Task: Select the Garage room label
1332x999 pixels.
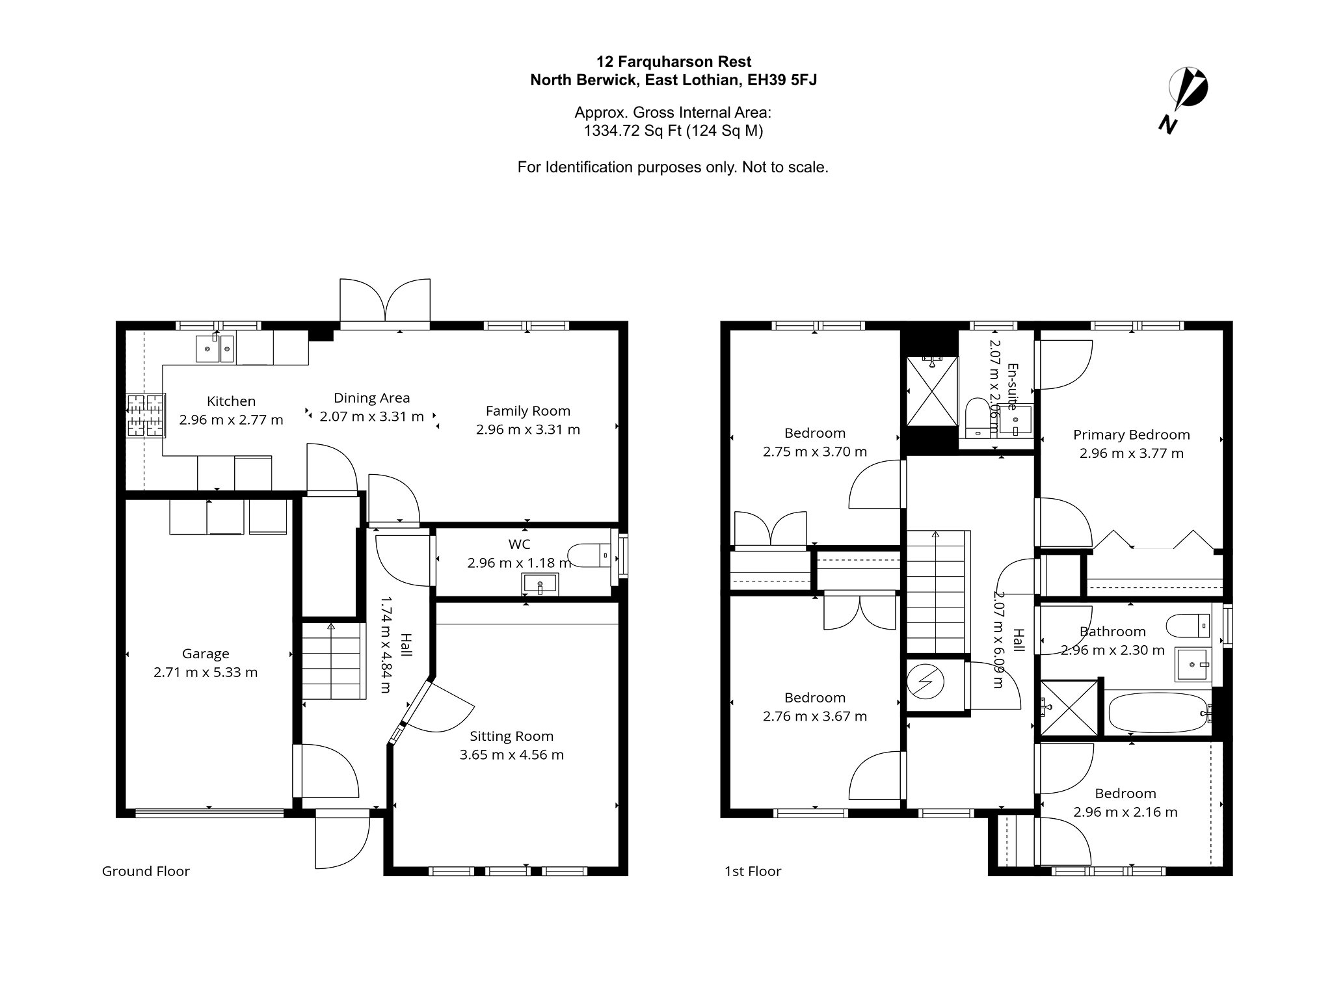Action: pyautogui.click(x=206, y=654)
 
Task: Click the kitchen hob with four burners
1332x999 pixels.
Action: pyautogui.click(x=146, y=414)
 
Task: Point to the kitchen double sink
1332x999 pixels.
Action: pyautogui.click(x=215, y=348)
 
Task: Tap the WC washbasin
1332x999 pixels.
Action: pyautogui.click(x=540, y=583)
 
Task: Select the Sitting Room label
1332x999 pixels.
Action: pyautogui.click(x=512, y=736)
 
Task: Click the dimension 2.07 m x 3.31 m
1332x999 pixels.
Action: pyautogui.click(x=372, y=416)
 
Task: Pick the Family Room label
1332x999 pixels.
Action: pyautogui.click(x=528, y=411)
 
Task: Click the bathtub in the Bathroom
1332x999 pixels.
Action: pyautogui.click(x=1159, y=713)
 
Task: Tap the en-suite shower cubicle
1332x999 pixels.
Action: pyautogui.click(x=933, y=390)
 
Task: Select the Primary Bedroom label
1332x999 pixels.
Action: pyautogui.click(x=1132, y=434)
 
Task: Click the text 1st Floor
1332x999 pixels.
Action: pyautogui.click(x=753, y=871)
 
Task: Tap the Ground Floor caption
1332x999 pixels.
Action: pyautogui.click(x=146, y=871)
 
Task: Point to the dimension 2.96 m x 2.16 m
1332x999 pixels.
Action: pyautogui.click(x=1126, y=812)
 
